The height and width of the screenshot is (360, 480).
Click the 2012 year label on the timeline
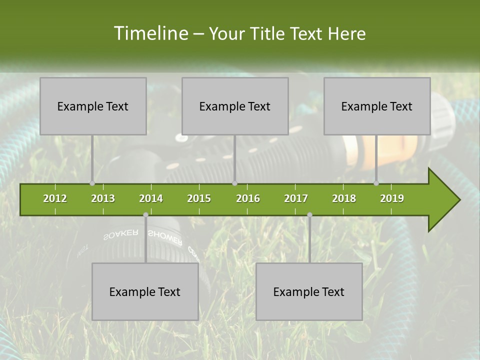[x=55, y=198]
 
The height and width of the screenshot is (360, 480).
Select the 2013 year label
[x=103, y=198]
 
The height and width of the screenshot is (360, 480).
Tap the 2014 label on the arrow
[x=151, y=198]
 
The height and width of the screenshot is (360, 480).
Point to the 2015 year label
[x=199, y=198]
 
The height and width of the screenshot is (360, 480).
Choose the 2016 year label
[x=248, y=198]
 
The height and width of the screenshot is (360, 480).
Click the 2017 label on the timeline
[x=296, y=198]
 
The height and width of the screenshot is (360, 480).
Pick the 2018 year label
[x=344, y=198]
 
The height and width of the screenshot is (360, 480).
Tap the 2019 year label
[x=392, y=198]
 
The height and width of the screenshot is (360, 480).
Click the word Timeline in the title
[x=150, y=33]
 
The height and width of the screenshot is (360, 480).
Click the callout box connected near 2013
[x=93, y=106]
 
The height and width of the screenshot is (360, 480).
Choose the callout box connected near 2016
[x=235, y=106]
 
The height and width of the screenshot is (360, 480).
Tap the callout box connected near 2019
[x=377, y=106]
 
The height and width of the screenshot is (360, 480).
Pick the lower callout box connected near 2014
[x=145, y=291]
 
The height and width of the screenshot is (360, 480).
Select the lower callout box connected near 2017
[x=309, y=291]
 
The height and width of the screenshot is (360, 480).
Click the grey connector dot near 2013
[x=92, y=183]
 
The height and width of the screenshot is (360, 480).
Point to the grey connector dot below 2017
[x=309, y=215]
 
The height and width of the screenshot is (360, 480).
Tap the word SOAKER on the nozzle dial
[x=120, y=234]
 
